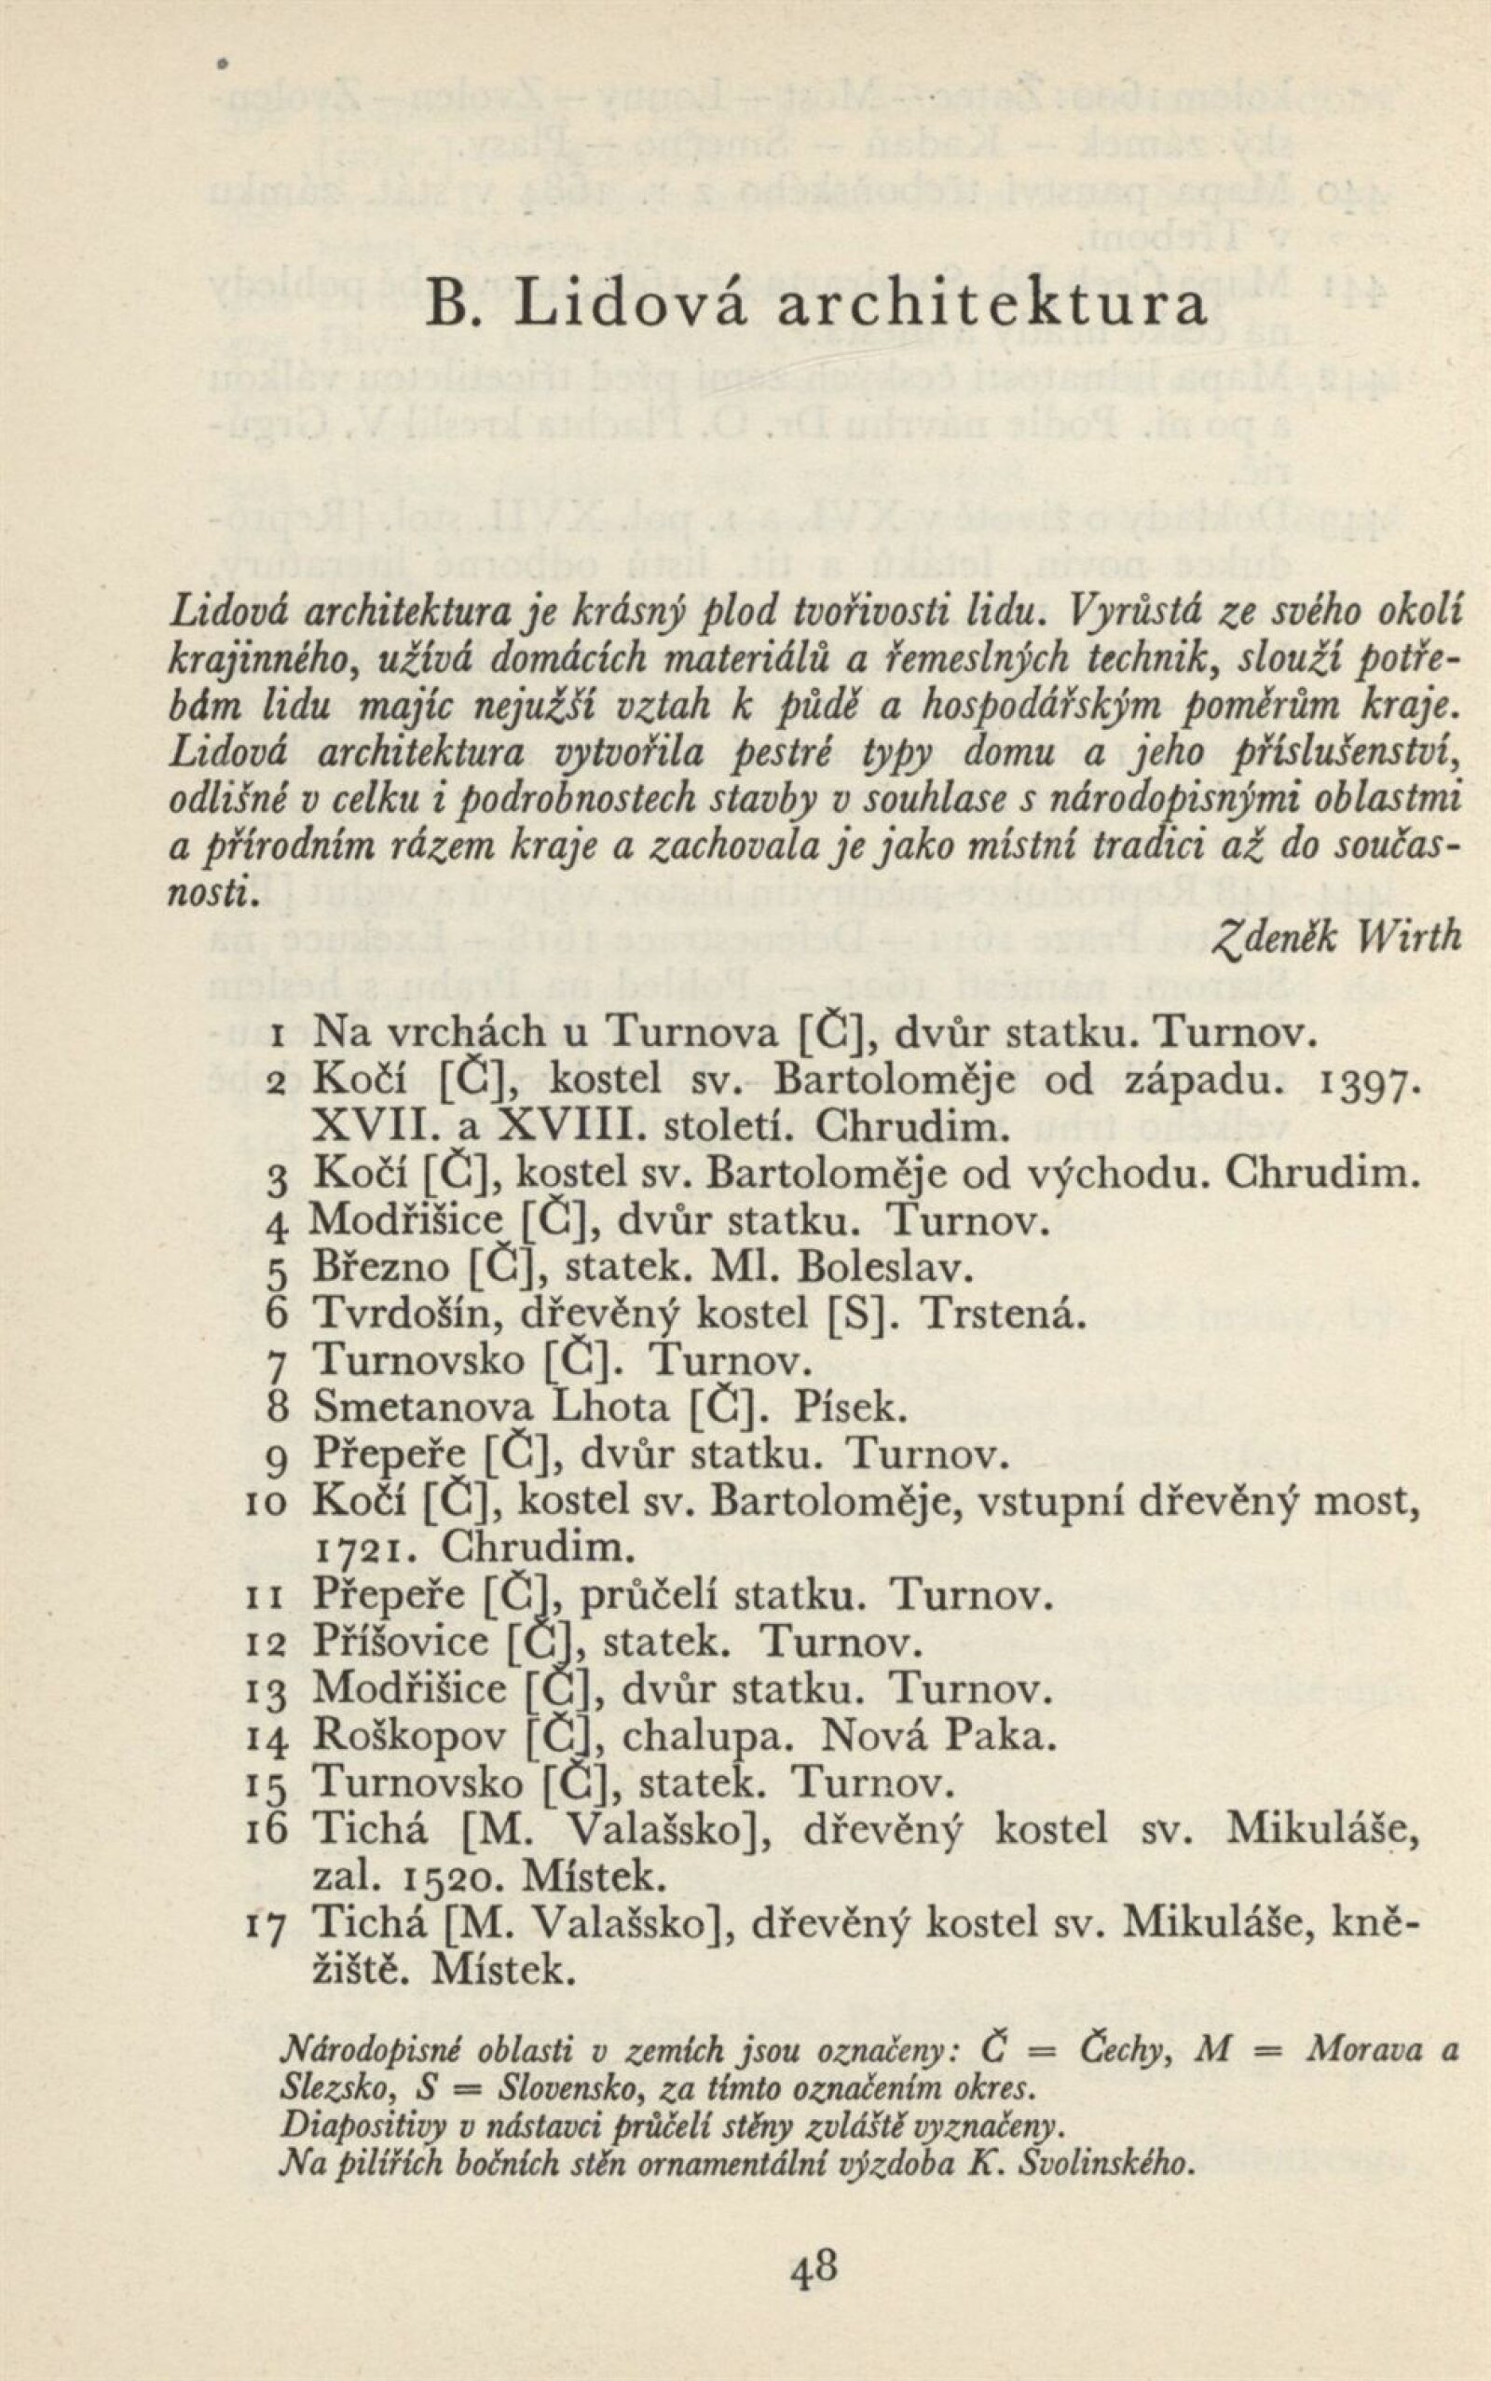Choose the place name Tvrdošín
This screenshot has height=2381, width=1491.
[405, 1313]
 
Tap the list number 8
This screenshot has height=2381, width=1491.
[276, 1408]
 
